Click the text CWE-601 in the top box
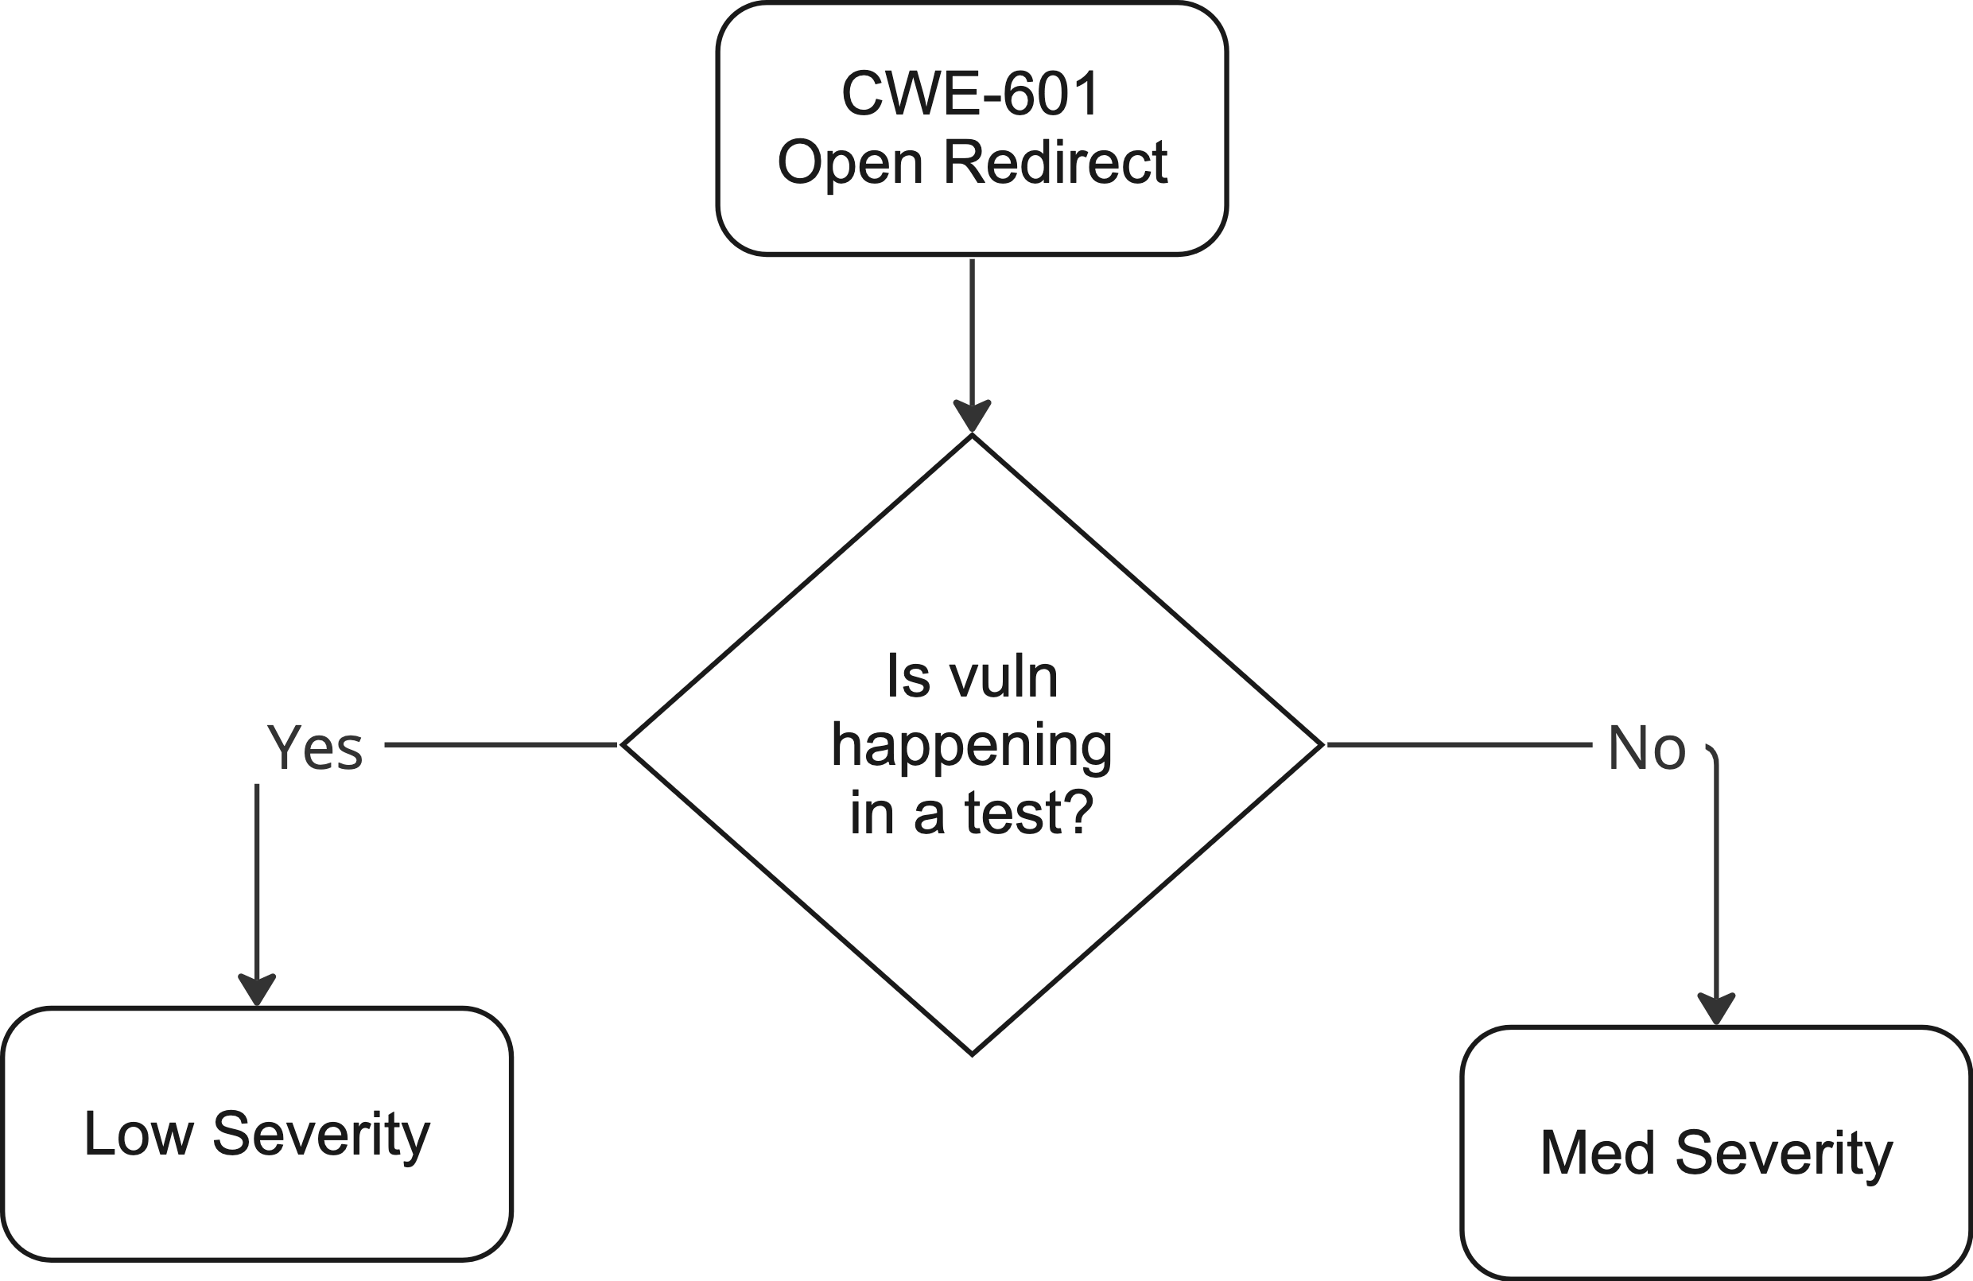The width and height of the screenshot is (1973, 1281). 971,93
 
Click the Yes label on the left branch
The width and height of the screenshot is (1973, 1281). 314,748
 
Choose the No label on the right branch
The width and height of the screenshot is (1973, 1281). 1646,748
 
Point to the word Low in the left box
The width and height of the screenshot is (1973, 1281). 138,1133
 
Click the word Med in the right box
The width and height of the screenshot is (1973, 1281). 1597,1152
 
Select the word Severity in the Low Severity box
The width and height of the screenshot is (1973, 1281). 321,1133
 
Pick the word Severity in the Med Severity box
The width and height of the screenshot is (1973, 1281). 1784,1152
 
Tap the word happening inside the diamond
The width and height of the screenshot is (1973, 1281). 972,745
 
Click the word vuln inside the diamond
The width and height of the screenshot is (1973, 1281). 1004,677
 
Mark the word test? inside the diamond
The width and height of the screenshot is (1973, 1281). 1029,813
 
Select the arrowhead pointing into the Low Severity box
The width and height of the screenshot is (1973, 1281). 257,990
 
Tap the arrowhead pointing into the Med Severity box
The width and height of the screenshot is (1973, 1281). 1716,1009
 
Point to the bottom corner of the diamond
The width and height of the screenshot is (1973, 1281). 972,1053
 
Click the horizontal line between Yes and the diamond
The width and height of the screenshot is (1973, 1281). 502,744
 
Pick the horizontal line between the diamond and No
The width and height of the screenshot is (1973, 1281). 1459,744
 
